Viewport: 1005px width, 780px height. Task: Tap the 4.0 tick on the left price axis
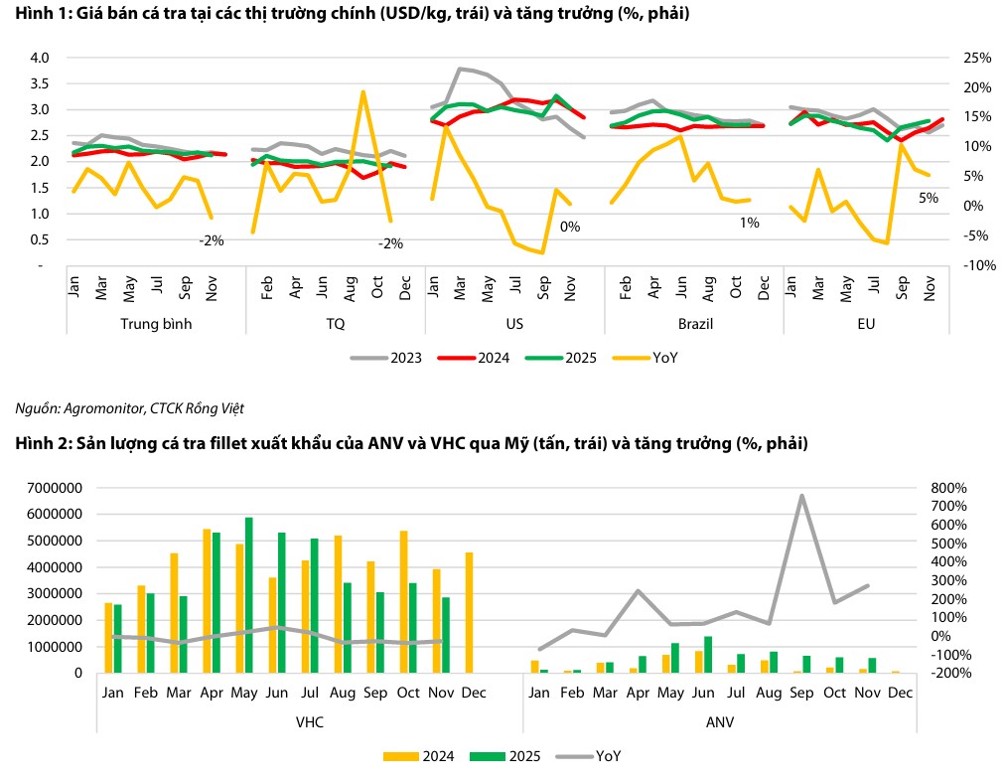click(40, 58)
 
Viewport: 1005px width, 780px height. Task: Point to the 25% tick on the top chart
click(977, 58)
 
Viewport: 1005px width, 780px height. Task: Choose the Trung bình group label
click(156, 324)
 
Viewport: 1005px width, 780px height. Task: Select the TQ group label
click(337, 324)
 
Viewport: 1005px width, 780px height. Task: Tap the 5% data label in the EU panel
click(929, 198)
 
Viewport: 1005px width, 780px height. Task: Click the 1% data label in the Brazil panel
click(749, 223)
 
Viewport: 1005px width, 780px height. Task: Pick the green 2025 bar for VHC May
click(249, 594)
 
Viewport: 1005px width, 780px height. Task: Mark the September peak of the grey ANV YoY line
click(800, 495)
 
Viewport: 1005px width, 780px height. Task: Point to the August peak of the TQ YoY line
click(362, 91)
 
